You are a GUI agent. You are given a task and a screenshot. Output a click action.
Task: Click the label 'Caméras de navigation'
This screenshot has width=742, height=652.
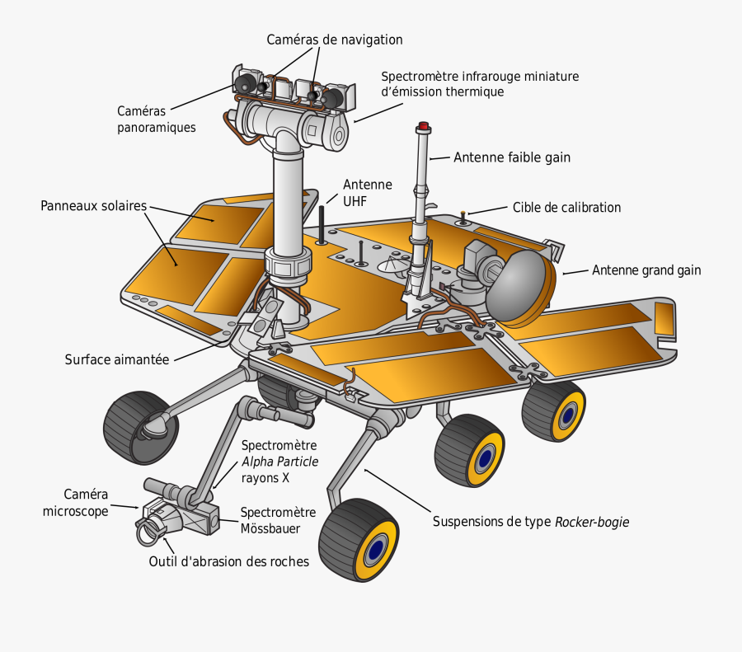coord(334,40)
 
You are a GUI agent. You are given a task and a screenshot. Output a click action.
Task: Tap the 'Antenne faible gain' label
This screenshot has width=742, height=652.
coord(511,157)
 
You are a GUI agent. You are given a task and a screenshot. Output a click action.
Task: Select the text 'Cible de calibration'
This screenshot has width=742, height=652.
coord(566,208)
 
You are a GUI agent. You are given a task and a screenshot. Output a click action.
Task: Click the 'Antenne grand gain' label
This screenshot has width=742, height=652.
coord(646,270)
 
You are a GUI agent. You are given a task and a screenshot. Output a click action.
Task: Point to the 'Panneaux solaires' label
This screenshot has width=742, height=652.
coord(93,205)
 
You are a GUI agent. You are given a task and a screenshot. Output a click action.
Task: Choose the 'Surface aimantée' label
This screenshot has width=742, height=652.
coord(116,359)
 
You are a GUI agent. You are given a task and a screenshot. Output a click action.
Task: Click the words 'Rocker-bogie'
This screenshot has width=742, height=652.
coord(593,522)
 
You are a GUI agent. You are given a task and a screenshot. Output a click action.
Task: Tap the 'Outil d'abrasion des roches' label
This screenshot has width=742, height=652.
coord(228,562)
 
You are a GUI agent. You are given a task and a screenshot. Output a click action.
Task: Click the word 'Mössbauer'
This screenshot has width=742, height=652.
coord(270,528)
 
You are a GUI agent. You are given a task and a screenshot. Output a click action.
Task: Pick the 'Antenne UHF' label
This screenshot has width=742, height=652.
coord(367,192)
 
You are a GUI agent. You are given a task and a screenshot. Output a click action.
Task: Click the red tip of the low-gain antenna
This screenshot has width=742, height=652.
coord(424,126)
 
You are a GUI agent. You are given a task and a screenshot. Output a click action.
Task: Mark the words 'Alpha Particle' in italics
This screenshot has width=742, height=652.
coord(279,462)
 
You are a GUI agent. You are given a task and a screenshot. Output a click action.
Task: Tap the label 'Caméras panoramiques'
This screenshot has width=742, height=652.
coord(156,119)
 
